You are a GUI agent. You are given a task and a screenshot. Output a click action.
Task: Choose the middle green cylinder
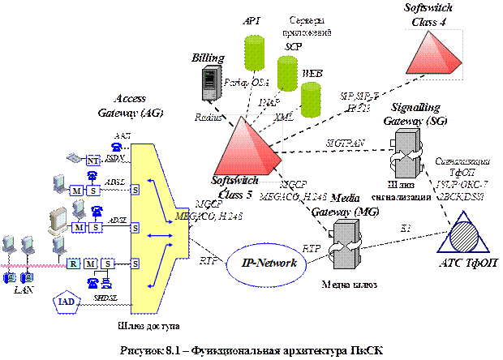pos(287,73)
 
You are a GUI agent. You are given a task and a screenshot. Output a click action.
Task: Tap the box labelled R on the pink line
pos(74,264)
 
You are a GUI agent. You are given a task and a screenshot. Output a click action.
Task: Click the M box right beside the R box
pos(91,264)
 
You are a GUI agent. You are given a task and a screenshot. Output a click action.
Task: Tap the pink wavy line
pos(32,265)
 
